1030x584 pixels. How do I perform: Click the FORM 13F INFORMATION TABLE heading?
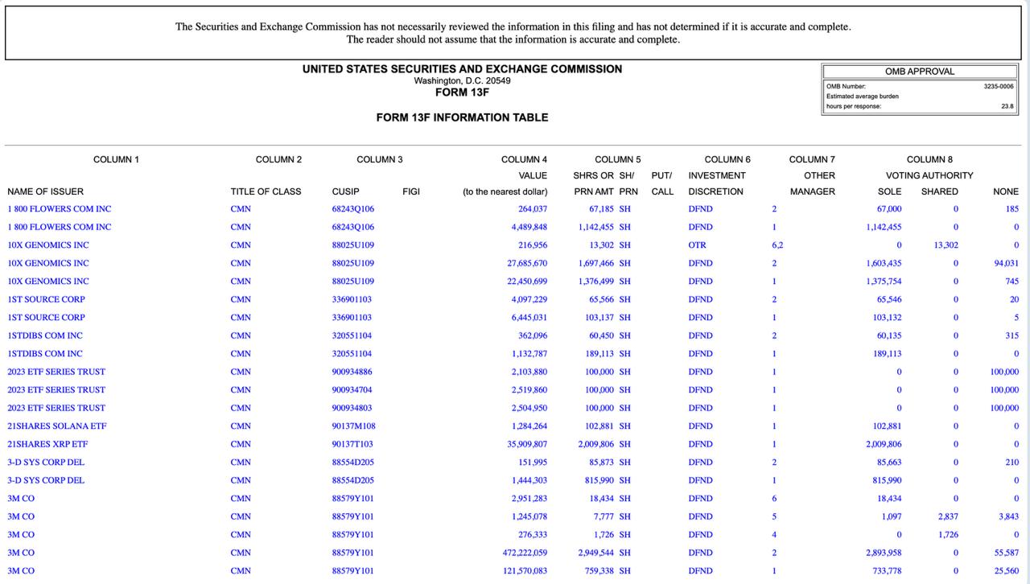pos(462,117)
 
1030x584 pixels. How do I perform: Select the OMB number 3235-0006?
pos(999,86)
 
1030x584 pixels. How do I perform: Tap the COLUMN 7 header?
pos(812,159)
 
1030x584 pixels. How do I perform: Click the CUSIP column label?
pos(345,191)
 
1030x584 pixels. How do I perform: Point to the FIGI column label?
pos(411,191)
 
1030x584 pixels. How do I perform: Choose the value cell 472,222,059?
pos(525,553)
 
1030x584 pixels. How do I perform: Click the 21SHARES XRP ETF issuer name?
pos(47,444)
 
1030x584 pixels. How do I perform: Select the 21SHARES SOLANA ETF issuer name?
pos(56,426)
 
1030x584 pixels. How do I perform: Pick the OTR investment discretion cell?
pos(697,245)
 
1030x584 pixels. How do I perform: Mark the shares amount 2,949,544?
pos(595,553)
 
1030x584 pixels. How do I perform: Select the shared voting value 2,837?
pos(946,516)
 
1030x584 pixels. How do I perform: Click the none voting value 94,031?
pos(1006,263)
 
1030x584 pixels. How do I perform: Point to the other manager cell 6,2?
pos(777,245)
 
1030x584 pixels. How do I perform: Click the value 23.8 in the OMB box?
pos(1007,106)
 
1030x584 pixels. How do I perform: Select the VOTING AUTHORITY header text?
pos(929,175)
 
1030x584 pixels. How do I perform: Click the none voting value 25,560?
pos(1007,571)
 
